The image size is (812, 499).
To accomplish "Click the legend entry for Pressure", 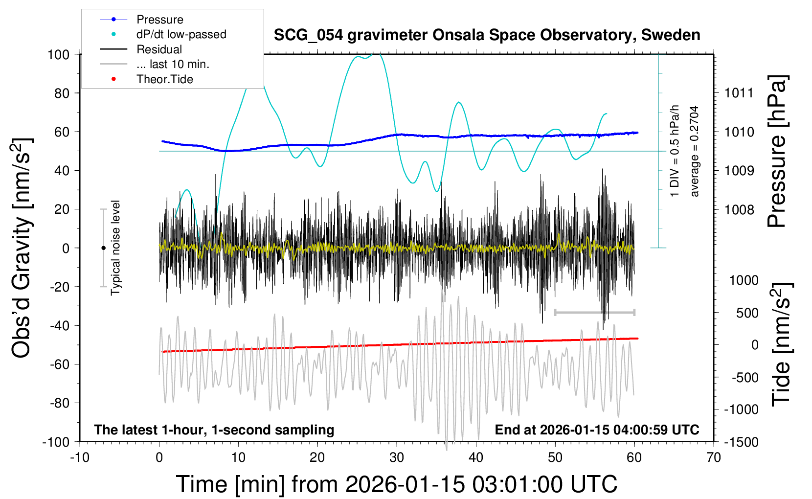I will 159,20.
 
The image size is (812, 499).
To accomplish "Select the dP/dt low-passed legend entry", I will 181,34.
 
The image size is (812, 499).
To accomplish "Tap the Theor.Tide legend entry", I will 164,79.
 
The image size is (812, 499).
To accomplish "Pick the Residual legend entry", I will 159,49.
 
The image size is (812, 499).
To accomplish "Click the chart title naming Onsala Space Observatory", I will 487,35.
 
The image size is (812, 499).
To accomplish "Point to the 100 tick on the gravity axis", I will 58,54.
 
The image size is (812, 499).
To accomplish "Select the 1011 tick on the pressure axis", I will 739,93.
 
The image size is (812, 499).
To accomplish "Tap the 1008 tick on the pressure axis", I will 739,210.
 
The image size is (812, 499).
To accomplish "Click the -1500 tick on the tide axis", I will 741,442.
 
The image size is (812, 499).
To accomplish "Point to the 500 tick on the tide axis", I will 747,313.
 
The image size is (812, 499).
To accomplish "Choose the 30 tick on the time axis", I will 397,458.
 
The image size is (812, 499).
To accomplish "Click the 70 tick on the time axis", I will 714,458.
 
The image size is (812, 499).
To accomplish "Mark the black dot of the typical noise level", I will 103,248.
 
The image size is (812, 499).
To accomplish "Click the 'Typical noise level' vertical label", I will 115,248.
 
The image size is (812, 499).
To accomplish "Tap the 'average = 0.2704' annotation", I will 695,152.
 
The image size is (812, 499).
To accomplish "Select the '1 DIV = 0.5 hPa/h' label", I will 675,151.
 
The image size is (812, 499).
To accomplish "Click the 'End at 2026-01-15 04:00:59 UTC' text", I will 597,430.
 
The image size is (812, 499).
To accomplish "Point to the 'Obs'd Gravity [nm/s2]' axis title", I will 22,248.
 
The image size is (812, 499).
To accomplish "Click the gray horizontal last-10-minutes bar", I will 594,312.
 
